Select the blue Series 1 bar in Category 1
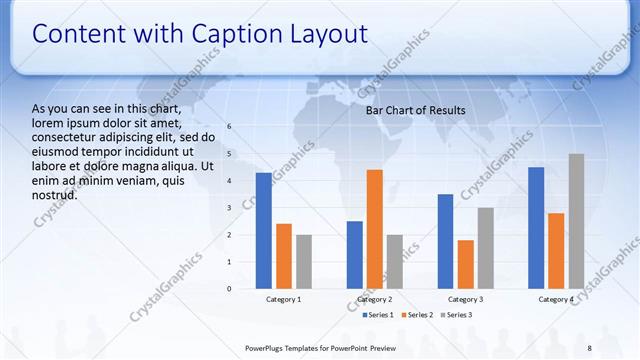pos(263,230)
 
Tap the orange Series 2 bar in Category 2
pos(375,229)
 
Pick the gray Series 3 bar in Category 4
pos(576,221)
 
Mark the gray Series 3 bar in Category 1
pos(304,261)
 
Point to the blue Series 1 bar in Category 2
pos(354,255)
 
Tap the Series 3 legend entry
pos(457,315)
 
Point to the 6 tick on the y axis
pos(229,127)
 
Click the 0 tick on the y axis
pos(229,289)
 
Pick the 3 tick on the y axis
pos(229,208)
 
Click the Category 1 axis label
pos(283,299)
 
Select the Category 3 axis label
pos(465,299)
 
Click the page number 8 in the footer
pos(589,348)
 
